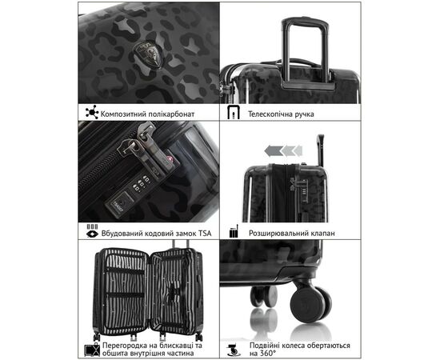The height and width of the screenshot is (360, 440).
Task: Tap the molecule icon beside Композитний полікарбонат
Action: click(92, 112)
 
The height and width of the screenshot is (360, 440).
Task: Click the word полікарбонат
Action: click(171, 114)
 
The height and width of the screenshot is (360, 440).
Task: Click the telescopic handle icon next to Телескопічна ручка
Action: click(234, 112)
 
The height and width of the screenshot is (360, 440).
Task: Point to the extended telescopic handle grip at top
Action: click(305, 22)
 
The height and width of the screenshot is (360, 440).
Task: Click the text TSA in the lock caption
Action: click(205, 233)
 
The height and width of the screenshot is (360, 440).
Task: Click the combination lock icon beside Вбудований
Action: click(92, 230)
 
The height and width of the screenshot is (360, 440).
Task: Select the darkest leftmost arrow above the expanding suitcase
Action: click(273, 151)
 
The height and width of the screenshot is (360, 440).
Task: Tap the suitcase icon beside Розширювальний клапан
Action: click(234, 231)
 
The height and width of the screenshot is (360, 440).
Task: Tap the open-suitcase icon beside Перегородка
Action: click(92, 349)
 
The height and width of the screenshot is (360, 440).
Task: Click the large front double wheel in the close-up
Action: click(311, 304)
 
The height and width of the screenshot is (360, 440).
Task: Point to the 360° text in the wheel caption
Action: click(268, 353)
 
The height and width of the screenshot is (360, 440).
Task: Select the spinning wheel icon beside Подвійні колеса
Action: click(234, 350)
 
